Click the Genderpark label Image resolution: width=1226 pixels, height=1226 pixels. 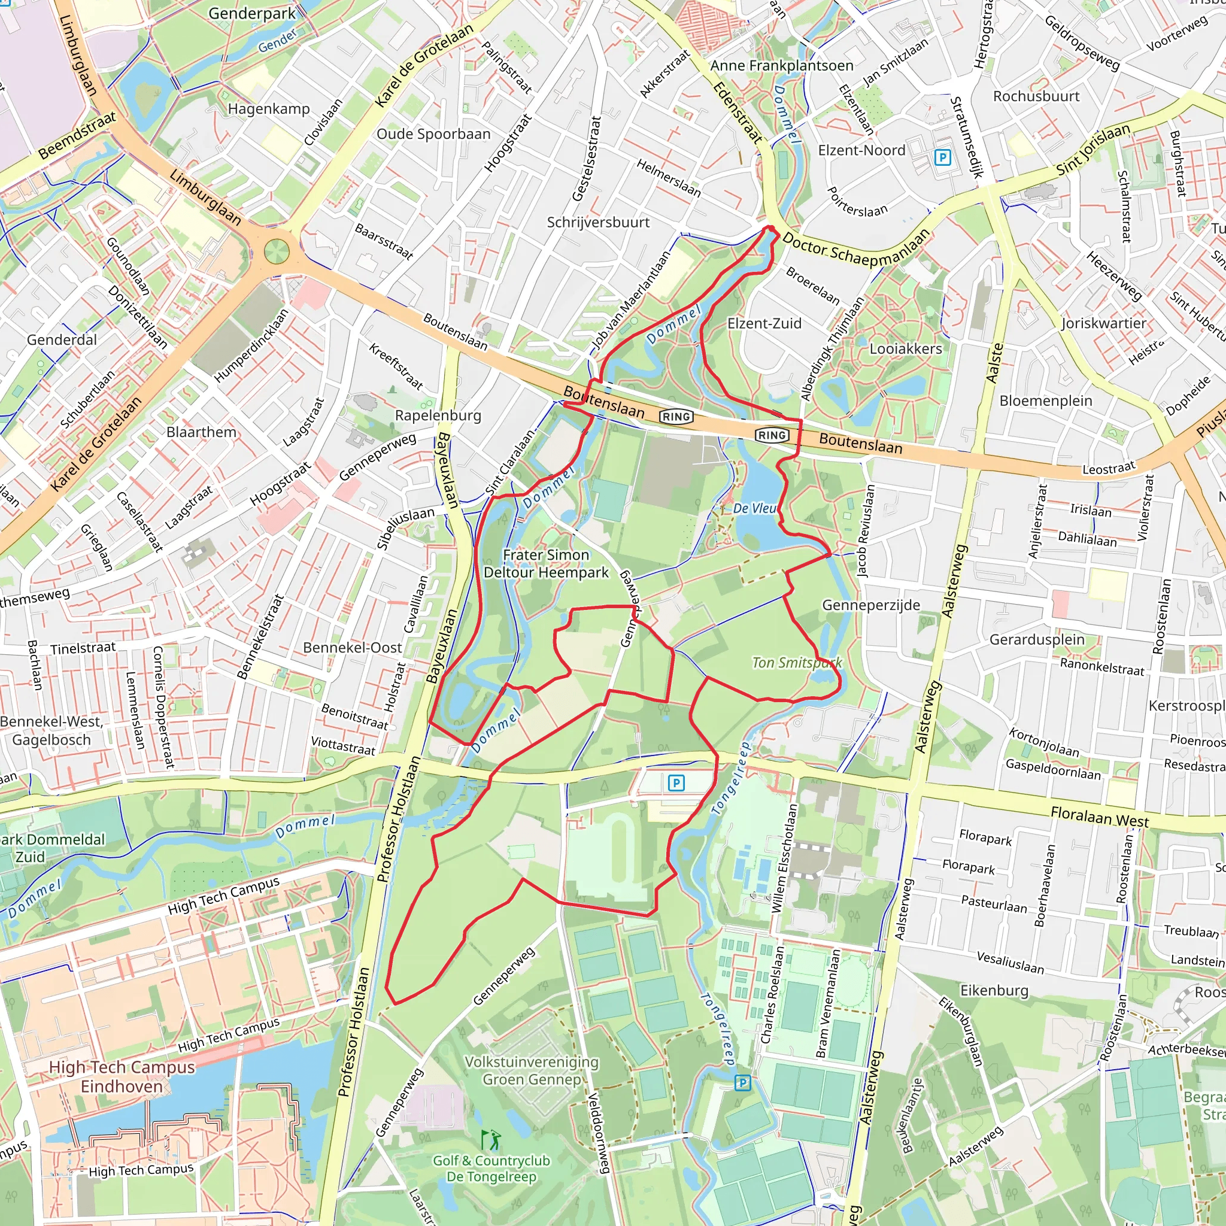(252, 13)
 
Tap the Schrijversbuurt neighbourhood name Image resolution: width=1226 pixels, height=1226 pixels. (598, 223)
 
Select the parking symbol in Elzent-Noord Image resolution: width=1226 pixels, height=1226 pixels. (943, 157)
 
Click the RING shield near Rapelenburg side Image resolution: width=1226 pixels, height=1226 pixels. (676, 417)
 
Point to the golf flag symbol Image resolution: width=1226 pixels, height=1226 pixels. (490, 1140)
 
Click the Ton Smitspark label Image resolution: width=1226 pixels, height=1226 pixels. (797, 663)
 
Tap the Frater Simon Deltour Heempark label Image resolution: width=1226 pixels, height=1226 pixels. (546, 563)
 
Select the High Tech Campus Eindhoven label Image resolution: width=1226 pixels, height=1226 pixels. (122, 1076)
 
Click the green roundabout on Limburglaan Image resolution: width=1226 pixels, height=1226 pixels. (277, 252)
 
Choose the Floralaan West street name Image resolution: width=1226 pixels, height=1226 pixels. (1100, 816)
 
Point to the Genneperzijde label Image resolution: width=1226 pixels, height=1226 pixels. (870, 605)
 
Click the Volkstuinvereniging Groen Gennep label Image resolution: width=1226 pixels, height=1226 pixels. (532, 1070)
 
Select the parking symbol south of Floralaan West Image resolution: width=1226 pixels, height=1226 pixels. (676, 783)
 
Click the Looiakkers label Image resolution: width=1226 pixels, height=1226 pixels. (906, 349)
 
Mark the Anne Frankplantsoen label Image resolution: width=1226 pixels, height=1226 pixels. (782, 65)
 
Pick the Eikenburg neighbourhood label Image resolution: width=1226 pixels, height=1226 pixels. (994, 991)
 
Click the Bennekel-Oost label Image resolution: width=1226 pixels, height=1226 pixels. (352, 648)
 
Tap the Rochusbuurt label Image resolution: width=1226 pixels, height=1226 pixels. (1036, 96)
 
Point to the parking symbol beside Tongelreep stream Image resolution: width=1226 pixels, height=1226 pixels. (742, 1083)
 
